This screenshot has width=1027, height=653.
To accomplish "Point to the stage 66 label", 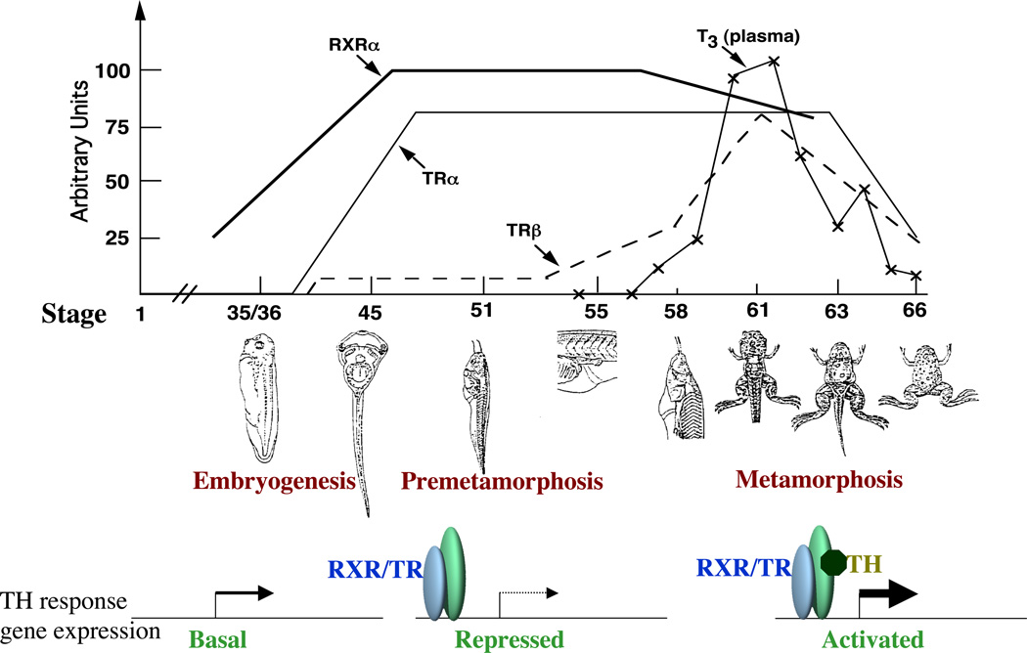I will [x=914, y=314].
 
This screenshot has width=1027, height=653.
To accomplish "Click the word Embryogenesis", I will [x=274, y=481].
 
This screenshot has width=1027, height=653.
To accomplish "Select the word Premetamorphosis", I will [x=501, y=481].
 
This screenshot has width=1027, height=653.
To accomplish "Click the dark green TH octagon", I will [x=833, y=565].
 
